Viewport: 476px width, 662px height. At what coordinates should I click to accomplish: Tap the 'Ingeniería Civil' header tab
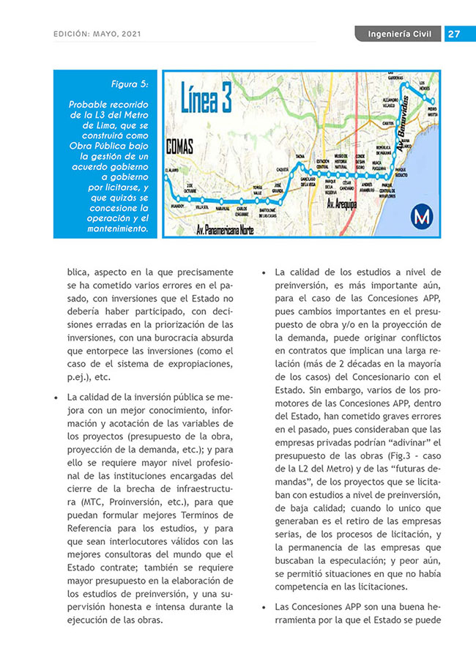point(398,34)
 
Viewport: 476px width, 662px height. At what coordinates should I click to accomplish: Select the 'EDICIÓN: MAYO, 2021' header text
point(97,34)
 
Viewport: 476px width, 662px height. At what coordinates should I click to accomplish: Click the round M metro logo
point(421,215)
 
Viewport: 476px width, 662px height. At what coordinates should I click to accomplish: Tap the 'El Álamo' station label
point(172,170)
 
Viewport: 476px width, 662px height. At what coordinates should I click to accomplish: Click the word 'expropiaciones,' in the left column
point(201,364)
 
